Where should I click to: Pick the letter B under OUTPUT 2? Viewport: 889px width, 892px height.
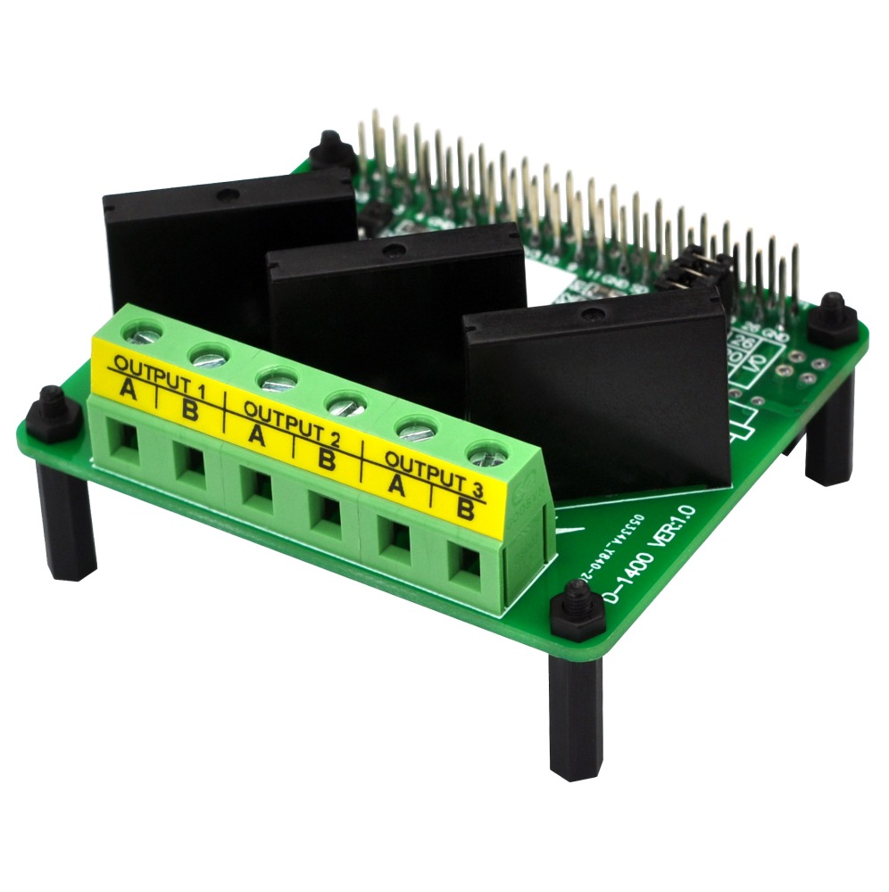pos(327,460)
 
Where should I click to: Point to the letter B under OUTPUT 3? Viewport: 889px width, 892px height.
pos(465,510)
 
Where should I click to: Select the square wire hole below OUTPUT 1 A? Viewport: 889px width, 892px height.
pos(123,439)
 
